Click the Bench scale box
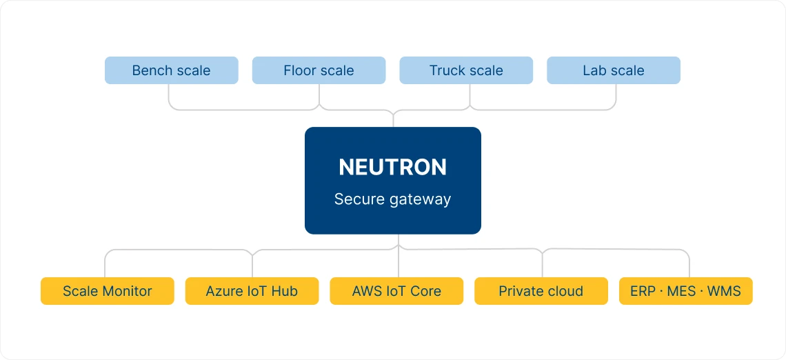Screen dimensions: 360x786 [171, 70]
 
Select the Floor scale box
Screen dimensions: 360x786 [319, 70]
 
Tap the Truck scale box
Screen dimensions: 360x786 [466, 70]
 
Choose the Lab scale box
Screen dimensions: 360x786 [613, 70]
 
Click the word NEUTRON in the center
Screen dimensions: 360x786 [392, 168]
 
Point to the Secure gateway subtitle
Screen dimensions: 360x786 [392, 199]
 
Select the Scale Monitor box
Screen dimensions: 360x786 [107, 291]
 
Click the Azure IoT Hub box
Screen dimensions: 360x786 [252, 291]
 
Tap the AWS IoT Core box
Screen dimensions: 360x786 [396, 291]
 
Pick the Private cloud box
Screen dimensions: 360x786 [541, 291]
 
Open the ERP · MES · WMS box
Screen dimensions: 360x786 [685, 291]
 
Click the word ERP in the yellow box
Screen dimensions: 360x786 [643, 291]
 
